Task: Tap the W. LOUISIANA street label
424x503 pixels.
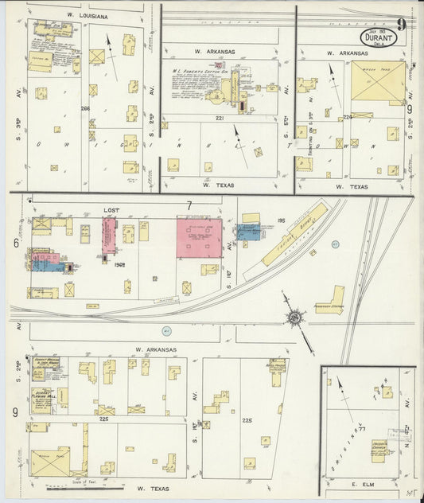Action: tap(88, 15)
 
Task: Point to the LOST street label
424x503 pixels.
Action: tap(111, 210)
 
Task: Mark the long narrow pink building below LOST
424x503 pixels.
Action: tap(107, 238)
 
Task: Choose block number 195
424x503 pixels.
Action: tap(281, 219)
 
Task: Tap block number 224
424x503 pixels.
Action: tap(347, 117)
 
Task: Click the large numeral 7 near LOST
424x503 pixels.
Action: tap(189, 207)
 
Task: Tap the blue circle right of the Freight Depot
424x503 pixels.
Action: tap(336, 244)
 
